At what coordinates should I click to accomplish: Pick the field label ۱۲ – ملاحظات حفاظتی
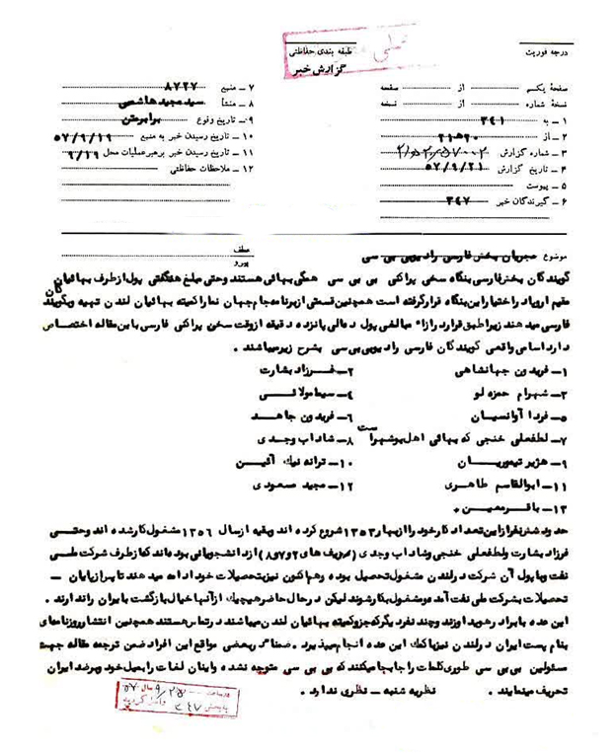click(x=221, y=171)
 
